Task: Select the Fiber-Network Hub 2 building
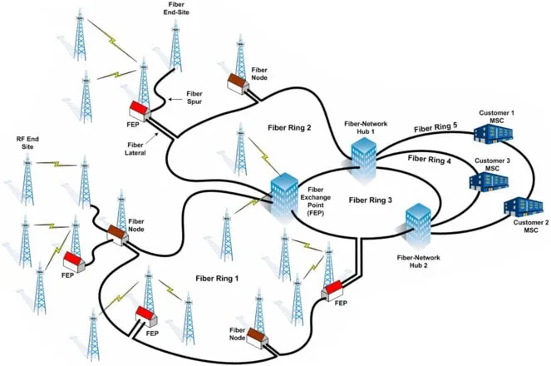(x=419, y=223)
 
